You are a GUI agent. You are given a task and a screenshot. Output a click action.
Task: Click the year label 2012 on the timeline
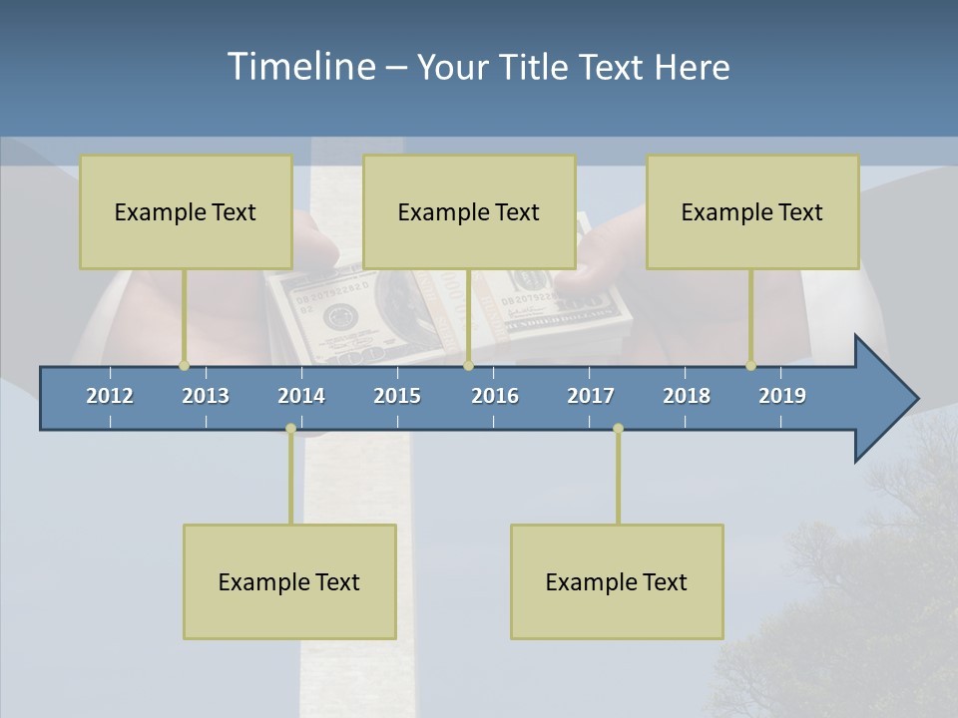110,396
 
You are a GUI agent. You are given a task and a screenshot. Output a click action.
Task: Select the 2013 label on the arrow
206,396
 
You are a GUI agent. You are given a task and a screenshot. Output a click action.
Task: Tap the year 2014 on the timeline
301,396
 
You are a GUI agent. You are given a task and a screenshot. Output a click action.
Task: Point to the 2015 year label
397,396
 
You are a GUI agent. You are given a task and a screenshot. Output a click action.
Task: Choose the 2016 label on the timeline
495,396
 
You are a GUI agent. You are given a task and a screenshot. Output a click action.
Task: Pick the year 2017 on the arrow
591,396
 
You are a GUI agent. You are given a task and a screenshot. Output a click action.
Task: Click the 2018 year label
687,396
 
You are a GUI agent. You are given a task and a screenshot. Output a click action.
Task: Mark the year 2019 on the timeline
782,396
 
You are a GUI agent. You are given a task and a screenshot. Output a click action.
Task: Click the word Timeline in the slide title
299,67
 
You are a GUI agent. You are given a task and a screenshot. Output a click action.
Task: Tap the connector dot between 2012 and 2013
184,366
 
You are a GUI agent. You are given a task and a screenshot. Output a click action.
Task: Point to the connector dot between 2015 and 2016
468,366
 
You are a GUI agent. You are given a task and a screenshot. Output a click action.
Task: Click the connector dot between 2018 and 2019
750,366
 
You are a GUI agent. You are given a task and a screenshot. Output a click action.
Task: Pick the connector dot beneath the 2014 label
290,429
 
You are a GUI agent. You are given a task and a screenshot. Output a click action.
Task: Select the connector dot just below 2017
618,429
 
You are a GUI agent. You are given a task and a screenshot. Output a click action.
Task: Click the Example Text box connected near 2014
289,581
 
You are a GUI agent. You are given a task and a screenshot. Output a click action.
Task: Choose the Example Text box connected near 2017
617,581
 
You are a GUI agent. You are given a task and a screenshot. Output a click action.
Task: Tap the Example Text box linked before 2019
752,211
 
